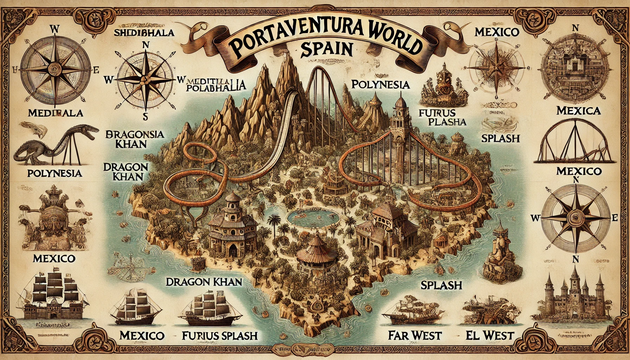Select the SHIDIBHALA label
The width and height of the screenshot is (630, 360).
[x=144, y=32]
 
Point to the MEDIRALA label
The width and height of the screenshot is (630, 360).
[x=55, y=113]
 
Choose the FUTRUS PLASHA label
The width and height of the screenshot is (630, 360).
[x=442, y=117]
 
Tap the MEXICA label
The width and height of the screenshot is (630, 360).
[x=578, y=111]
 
